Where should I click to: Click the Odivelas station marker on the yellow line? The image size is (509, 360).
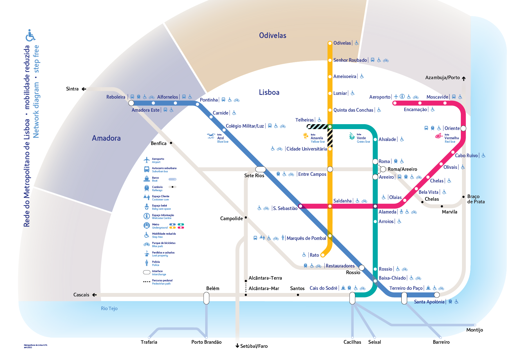330,43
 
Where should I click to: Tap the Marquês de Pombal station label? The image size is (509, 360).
306,238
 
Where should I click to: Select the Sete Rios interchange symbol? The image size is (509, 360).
260,169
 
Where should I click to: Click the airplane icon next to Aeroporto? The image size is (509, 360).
396,97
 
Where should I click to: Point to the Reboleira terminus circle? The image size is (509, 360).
131,103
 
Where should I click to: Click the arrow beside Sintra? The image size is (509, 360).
84,89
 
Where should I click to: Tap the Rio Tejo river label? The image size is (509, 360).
109,308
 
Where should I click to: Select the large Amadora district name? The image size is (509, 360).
106,138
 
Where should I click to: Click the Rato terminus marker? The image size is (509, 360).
322,255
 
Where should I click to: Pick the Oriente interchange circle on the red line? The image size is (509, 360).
463,128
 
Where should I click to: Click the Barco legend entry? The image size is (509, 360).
155,179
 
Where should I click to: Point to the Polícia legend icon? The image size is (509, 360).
147,263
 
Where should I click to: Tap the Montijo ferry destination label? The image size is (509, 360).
474,330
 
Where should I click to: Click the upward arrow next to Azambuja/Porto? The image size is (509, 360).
464,78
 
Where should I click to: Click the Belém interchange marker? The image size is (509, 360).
206,298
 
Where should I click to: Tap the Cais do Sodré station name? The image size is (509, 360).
323,288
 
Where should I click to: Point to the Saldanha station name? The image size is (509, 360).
342,201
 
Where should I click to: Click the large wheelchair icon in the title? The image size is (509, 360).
30,35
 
